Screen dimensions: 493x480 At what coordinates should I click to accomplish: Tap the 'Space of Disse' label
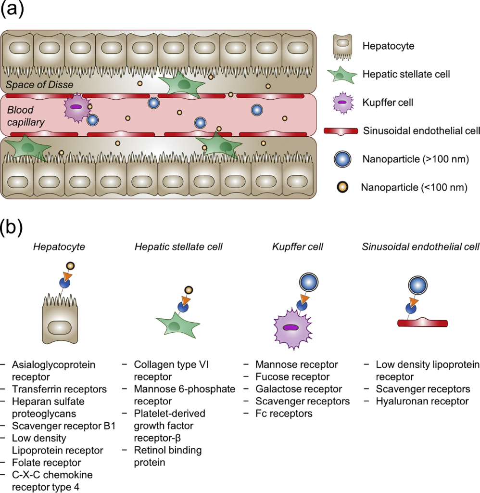point(39,85)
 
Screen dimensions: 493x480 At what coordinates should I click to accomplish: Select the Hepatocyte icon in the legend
point(342,46)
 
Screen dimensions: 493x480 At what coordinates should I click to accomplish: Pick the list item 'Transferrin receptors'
point(60,389)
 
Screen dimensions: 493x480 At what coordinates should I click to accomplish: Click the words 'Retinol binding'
point(168,450)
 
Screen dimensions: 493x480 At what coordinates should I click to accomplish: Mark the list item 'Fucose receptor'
point(292,376)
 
